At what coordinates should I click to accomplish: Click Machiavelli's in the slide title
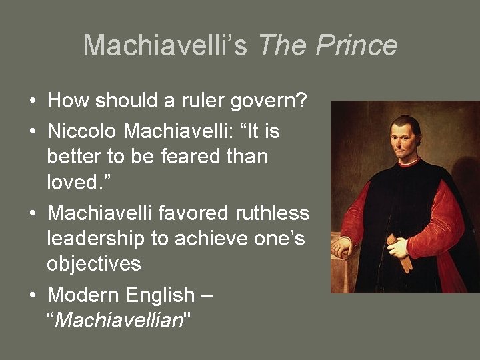165,45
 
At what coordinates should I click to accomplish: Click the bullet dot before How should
32,102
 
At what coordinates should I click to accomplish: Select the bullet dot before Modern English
32,295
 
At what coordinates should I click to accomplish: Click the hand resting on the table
342,247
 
